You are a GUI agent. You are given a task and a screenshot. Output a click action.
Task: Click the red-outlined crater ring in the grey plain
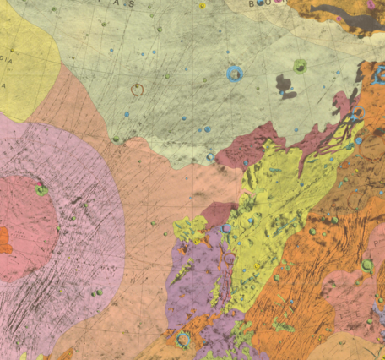point(138,89)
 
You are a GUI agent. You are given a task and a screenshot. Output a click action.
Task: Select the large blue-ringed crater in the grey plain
point(235,74)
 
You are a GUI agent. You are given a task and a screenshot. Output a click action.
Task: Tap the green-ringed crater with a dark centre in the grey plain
point(301,65)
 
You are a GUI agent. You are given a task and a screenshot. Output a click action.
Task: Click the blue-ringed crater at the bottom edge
point(182,340)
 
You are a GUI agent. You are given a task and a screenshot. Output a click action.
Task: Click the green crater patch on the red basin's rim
point(41,190)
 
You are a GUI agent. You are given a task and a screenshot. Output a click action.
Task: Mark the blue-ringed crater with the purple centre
point(226,228)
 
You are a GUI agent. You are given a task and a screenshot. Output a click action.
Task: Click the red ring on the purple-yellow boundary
point(228,259)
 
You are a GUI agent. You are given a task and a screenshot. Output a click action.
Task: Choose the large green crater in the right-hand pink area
point(367,265)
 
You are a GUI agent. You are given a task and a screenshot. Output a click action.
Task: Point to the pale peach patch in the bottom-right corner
point(355,346)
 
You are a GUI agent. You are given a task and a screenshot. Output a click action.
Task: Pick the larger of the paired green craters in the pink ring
point(100,292)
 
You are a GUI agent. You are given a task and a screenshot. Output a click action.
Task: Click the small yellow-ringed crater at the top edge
point(203,6)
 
